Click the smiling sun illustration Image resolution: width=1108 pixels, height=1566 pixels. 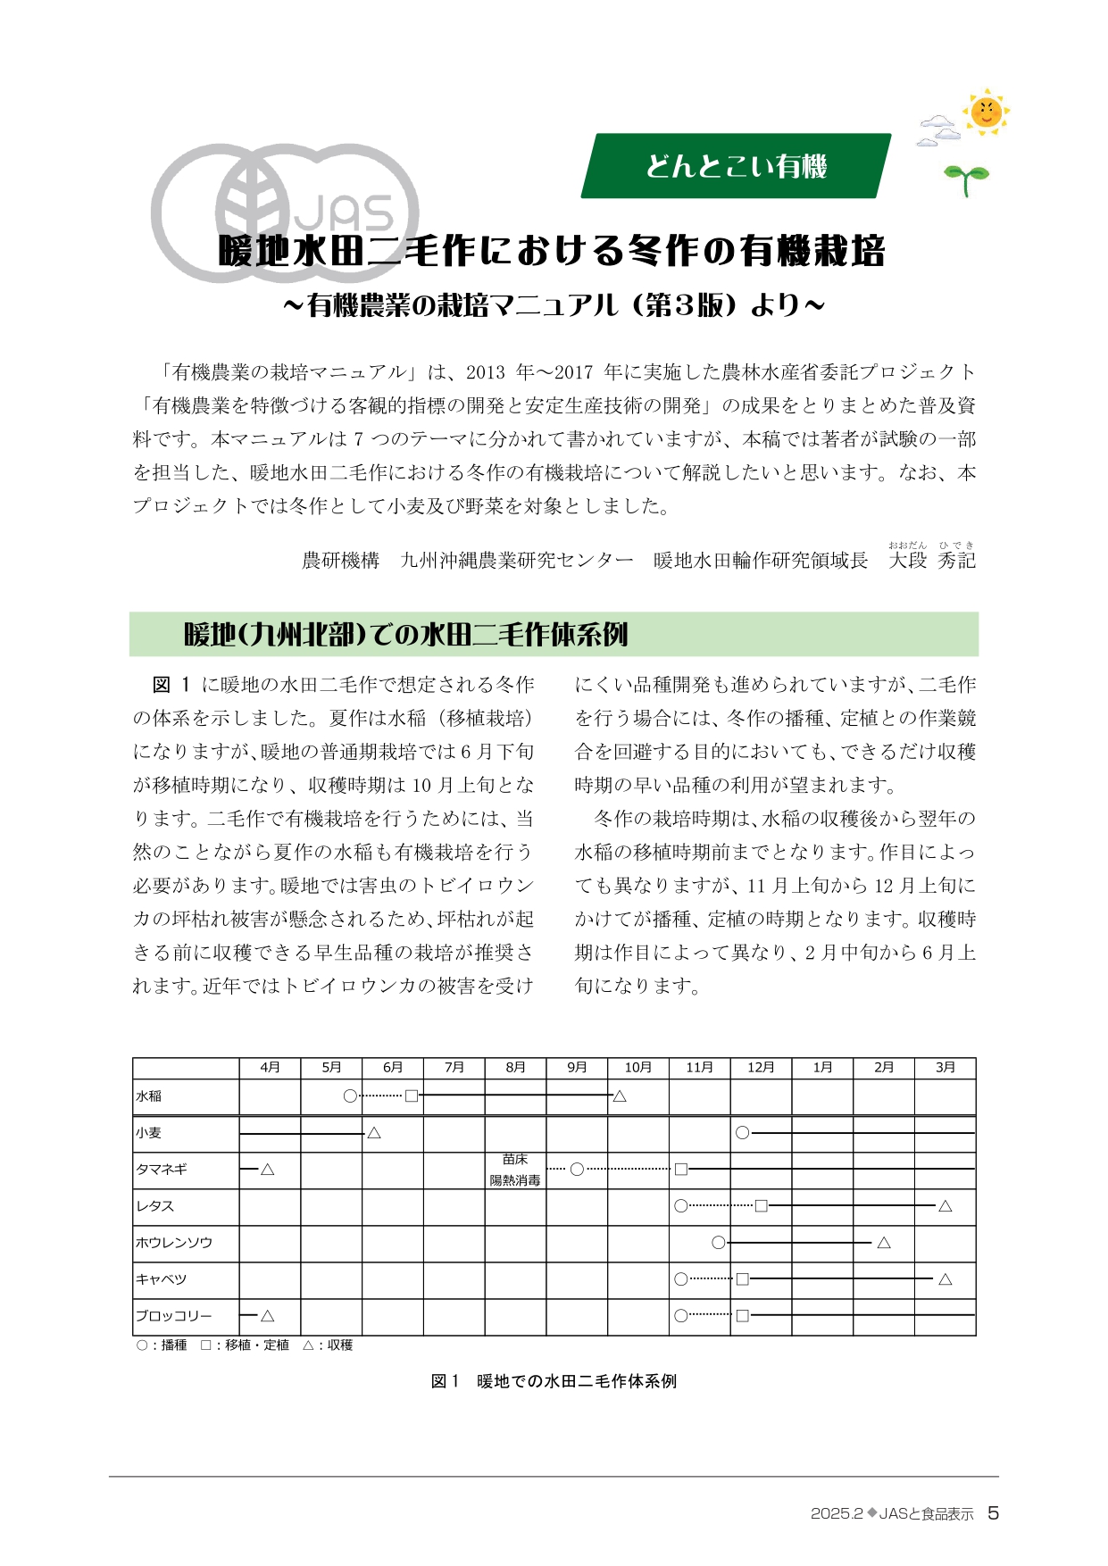click(986, 112)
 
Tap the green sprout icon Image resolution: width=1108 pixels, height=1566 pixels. click(966, 178)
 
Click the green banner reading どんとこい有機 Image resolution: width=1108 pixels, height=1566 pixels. click(736, 166)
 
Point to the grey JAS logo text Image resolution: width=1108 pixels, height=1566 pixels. click(344, 215)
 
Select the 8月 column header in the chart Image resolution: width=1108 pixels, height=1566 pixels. click(515, 1067)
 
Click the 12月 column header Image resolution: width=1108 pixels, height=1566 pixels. click(761, 1067)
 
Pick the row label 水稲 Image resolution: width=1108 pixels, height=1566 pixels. click(149, 1096)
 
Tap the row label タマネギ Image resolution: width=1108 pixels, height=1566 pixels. click(162, 1170)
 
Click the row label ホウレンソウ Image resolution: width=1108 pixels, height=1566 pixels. click(174, 1243)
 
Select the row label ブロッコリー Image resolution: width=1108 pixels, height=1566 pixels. click(174, 1316)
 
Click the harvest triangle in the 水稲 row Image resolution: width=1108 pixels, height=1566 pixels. click(620, 1096)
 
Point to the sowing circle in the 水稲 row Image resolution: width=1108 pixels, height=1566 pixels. click(350, 1095)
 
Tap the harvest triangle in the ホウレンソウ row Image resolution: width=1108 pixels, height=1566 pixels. click(883, 1243)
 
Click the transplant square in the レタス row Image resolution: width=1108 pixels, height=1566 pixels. click(761, 1206)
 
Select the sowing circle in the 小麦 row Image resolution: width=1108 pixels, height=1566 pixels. click(742, 1133)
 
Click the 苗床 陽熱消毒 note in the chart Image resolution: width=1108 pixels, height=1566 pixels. click(515, 1170)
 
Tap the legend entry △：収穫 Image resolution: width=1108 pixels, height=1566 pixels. click(328, 1345)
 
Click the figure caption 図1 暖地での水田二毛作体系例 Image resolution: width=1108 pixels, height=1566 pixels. click(554, 1381)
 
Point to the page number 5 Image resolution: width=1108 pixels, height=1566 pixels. click(993, 1513)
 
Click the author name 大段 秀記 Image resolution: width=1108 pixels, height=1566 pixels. click(932, 561)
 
